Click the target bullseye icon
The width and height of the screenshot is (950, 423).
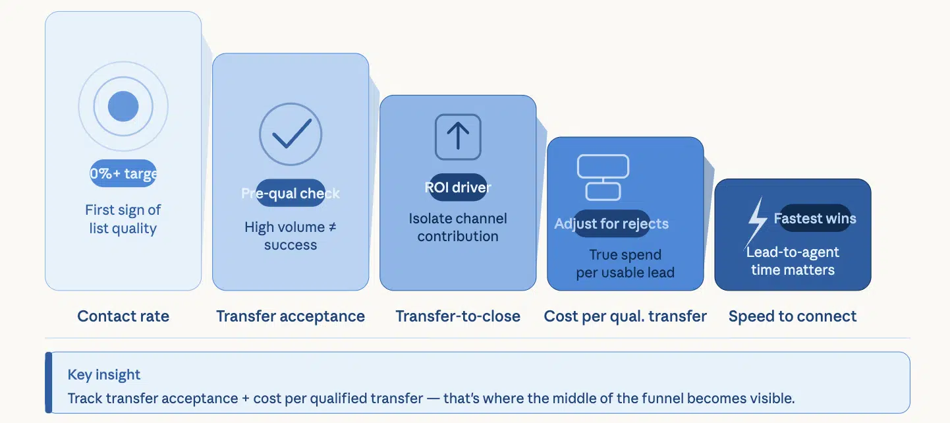point(123,106)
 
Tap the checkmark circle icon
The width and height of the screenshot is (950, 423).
point(291,134)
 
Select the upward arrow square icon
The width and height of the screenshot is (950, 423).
point(458,137)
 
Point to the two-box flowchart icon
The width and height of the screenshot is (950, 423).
point(603,177)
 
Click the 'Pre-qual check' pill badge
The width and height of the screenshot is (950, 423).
point(291,193)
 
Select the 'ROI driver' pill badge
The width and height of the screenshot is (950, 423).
point(458,188)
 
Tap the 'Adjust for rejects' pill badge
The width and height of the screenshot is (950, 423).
point(611,223)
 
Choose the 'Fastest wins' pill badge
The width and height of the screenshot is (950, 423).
point(815,218)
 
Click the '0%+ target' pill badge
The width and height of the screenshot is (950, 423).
point(123,174)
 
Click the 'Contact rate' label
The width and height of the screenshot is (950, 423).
point(123,316)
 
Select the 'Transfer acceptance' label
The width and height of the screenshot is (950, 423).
point(291,316)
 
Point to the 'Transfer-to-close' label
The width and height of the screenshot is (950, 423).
point(458,316)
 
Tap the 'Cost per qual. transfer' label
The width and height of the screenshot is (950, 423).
point(625,316)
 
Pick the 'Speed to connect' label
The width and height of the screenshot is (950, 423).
point(793,316)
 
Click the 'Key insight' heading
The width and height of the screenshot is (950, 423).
point(104,375)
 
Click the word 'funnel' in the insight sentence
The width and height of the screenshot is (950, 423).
point(662,399)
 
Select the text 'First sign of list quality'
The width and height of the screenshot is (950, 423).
point(123,219)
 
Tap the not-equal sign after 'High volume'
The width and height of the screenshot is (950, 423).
point(332,227)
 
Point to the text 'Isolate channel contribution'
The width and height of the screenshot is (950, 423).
point(458,227)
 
